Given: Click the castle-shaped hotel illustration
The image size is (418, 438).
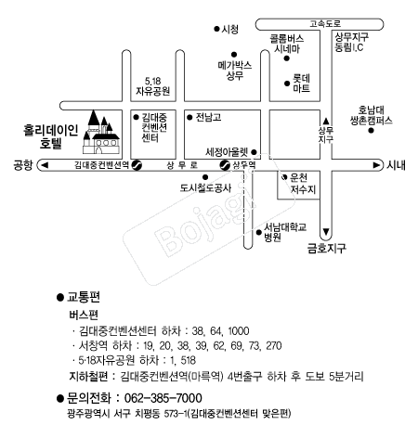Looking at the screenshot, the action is point(101,133).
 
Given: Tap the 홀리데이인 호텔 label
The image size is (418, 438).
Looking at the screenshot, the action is point(51,136).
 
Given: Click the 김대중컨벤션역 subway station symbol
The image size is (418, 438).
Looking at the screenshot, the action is point(137,165).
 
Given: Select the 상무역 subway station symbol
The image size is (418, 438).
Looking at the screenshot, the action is point(225,165).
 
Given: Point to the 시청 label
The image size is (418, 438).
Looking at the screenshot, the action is point(229,29).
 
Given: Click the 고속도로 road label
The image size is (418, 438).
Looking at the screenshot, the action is point(325,24).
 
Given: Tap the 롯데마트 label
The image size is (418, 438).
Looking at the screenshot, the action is point(301,84).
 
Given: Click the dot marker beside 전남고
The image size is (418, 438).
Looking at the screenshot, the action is point(189,118).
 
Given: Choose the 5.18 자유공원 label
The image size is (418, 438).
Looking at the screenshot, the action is point(153,86).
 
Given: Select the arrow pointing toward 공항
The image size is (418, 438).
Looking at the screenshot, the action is point(45,165).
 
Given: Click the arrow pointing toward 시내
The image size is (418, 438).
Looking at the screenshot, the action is point(376,165).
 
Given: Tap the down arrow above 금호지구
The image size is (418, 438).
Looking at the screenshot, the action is point(326,232).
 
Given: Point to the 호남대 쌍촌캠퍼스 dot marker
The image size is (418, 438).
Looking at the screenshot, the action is point(371,131).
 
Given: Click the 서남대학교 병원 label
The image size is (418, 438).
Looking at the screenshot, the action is point(285,232).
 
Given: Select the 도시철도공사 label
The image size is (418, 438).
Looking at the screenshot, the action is point(205,188).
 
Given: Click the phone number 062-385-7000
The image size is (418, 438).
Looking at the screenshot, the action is point(163,398).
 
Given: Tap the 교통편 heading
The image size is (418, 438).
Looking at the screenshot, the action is point(84,297).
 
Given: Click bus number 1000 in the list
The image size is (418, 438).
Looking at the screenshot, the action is point(239,331).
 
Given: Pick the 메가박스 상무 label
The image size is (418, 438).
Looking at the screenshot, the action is point(235,71).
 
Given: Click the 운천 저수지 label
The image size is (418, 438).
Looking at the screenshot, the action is point(303,184).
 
